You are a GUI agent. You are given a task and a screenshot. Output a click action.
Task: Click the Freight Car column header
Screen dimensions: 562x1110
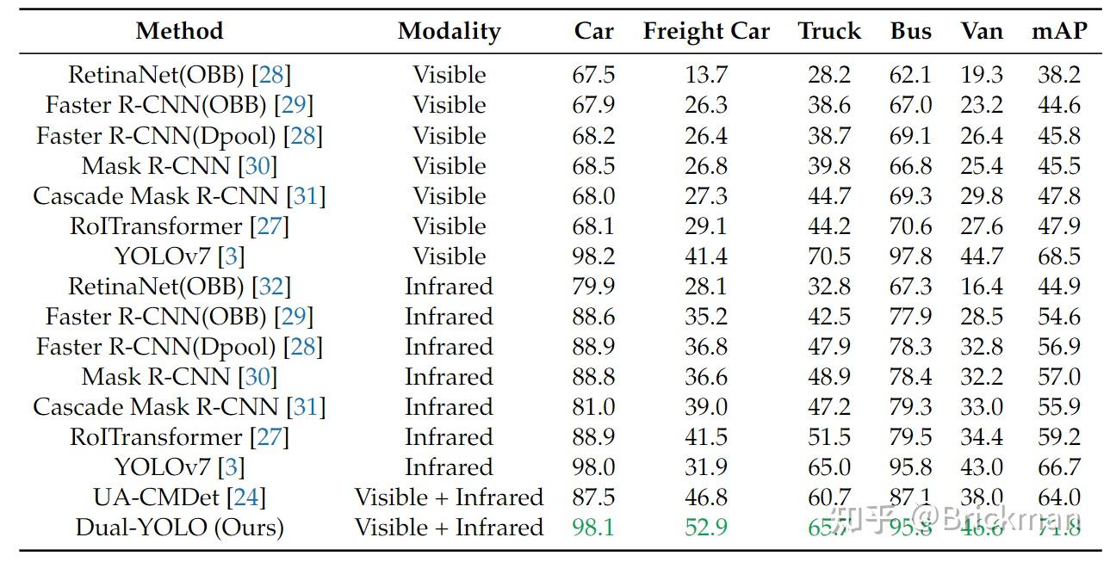(706, 32)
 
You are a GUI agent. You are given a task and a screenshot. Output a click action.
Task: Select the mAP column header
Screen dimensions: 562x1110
(1058, 32)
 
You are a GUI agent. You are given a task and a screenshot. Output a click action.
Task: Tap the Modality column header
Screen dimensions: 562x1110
(449, 32)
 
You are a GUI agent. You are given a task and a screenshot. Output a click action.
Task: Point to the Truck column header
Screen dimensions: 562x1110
(828, 32)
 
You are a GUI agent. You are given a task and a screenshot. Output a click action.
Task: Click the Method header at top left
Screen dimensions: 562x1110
(179, 32)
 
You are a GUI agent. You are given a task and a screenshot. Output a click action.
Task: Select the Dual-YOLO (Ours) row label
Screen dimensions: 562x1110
(179, 528)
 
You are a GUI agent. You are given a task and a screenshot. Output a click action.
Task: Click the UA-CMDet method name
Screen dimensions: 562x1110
(157, 497)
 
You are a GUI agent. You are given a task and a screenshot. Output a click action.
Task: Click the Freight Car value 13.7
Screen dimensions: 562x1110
(706, 75)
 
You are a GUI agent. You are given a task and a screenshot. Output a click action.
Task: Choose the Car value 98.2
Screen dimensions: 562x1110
(593, 256)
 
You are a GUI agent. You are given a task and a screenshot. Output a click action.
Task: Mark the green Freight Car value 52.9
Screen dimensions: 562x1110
(706, 528)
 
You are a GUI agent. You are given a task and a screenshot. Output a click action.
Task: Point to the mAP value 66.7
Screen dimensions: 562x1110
(1058, 467)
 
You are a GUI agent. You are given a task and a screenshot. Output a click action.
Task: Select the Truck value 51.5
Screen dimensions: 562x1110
(828, 437)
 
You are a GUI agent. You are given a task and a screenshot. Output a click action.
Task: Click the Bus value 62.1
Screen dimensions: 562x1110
(910, 75)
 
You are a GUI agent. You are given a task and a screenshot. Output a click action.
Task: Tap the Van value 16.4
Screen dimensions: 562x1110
(982, 287)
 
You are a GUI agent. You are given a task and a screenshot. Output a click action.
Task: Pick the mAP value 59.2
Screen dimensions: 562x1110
(1058, 437)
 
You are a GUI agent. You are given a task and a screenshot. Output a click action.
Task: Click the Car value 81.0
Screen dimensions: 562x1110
(593, 407)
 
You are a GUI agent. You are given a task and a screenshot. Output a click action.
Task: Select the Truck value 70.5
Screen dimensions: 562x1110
(828, 256)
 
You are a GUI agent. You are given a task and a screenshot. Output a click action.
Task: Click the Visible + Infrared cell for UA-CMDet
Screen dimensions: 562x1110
(449, 497)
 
